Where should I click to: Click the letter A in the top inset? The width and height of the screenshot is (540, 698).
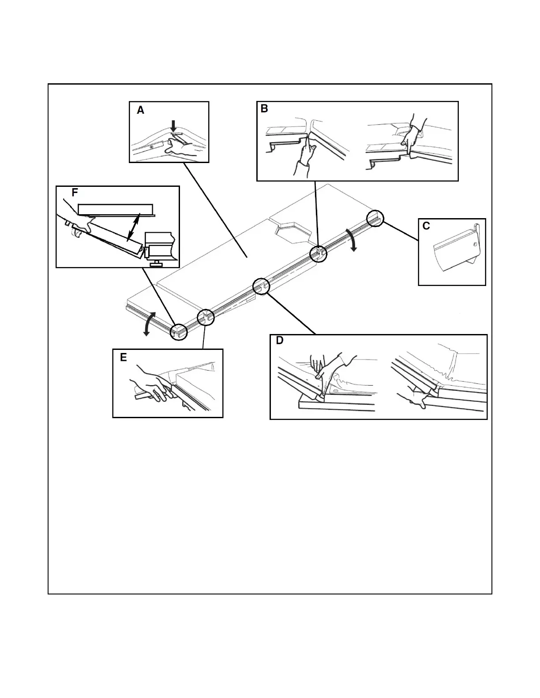coord(140,111)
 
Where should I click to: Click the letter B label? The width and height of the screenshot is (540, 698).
coord(264,109)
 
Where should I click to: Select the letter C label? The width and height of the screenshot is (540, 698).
coord(426,226)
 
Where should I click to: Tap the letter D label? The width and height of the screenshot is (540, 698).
coord(280,341)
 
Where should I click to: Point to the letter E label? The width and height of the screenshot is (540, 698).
coord(124,357)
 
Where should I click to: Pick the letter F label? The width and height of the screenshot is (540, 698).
coord(75,193)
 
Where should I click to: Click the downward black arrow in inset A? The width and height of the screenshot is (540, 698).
coord(173,126)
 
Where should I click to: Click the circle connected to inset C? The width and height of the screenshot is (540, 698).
coord(375,218)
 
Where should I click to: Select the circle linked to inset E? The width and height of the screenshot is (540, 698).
coord(206,317)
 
